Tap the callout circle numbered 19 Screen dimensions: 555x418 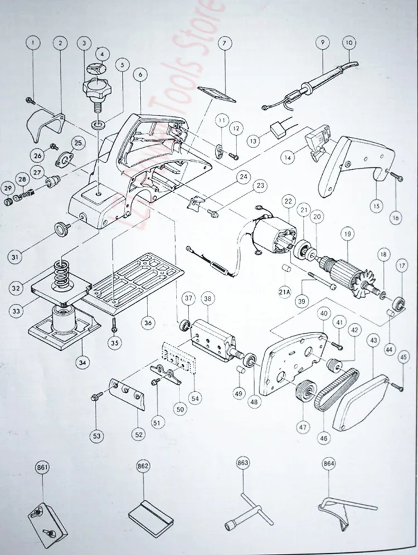348,235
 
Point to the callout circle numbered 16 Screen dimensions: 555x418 396,218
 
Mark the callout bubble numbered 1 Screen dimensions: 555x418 33,42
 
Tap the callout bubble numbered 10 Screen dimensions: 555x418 349,42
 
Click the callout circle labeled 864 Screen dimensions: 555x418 328,463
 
